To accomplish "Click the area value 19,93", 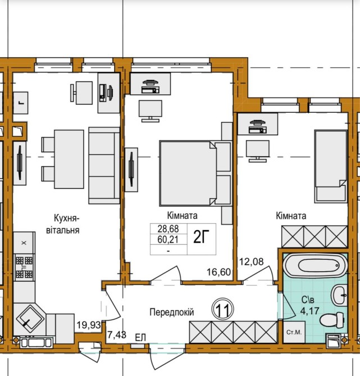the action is (89, 325).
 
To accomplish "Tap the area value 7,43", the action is (117, 335).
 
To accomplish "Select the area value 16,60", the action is (219, 272).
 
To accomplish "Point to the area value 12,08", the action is (252, 262).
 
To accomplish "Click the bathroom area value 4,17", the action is (309, 311).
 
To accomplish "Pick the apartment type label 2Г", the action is (202, 237).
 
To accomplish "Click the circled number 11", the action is (223, 309).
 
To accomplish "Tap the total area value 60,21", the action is (168, 240).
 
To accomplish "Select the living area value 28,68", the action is (168, 229).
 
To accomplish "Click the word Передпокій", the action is (172, 312).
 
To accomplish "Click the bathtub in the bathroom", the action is (315, 265).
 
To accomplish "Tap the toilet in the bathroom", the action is (332, 320).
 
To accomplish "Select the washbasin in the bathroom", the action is (339, 295).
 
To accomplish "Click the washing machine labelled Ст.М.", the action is (294, 332).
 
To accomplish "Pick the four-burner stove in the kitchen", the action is (24, 267).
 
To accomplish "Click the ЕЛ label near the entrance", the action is (140, 338).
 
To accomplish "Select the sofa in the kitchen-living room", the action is (104, 166).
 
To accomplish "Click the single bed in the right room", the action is (331, 166).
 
